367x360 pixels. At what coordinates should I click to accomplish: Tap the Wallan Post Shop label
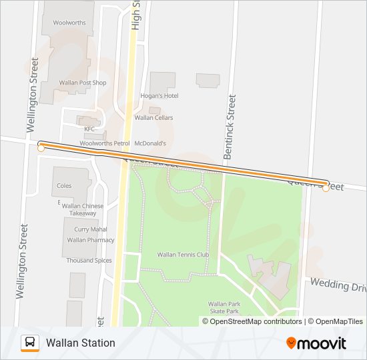83,83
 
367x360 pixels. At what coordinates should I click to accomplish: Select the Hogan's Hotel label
159,95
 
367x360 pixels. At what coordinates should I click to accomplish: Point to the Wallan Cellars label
153,117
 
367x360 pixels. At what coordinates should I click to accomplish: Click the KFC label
89,129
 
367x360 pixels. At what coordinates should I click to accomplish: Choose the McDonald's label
150,143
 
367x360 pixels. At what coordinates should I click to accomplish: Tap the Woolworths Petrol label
104,143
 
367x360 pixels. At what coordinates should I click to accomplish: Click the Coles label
65,186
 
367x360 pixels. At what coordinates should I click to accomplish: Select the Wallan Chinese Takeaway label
83,209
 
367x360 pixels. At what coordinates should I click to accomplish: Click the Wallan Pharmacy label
91,239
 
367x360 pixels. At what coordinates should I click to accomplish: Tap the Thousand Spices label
89,260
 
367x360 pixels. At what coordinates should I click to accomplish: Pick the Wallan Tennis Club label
183,254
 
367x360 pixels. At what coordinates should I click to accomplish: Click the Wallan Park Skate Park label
224,307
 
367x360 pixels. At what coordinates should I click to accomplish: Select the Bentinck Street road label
230,126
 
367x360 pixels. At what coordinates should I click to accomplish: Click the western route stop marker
41,148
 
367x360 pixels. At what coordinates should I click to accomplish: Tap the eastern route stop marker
326,188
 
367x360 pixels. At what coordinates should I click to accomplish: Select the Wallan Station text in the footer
81,343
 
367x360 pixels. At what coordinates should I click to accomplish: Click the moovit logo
316,343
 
